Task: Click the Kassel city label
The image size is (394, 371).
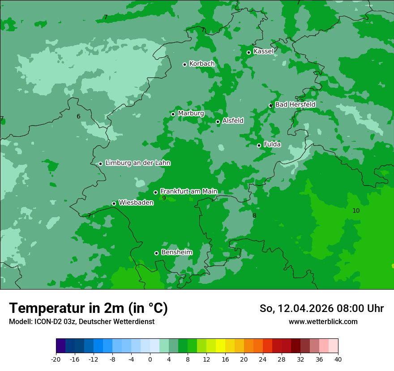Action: [x=263, y=51]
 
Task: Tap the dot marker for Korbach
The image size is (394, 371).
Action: [x=184, y=64]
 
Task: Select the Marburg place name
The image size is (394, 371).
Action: [x=191, y=114]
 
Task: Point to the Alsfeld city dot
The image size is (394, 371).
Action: [x=218, y=122]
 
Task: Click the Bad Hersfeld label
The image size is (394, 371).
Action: [x=295, y=105]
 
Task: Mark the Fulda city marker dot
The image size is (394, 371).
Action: [x=259, y=145]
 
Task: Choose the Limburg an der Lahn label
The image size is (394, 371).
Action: [x=137, y=163]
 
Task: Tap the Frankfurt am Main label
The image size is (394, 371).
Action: [x=188, y=191]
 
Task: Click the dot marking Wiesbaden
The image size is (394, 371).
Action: [x=114, y=203]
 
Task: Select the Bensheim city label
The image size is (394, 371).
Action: [x=177, y=252]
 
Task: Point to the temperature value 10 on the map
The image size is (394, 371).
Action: [x=356, y=211]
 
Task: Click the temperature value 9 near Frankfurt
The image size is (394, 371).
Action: [x=164, y=198]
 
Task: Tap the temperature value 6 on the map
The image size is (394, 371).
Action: [x=78, y=116]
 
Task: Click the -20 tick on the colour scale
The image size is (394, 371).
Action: [x=56, y=359]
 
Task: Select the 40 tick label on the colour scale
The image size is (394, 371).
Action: [x=338, y=359]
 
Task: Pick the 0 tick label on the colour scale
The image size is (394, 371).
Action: [x=150, y=359]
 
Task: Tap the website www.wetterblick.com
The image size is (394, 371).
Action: [x=323, y=321]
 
